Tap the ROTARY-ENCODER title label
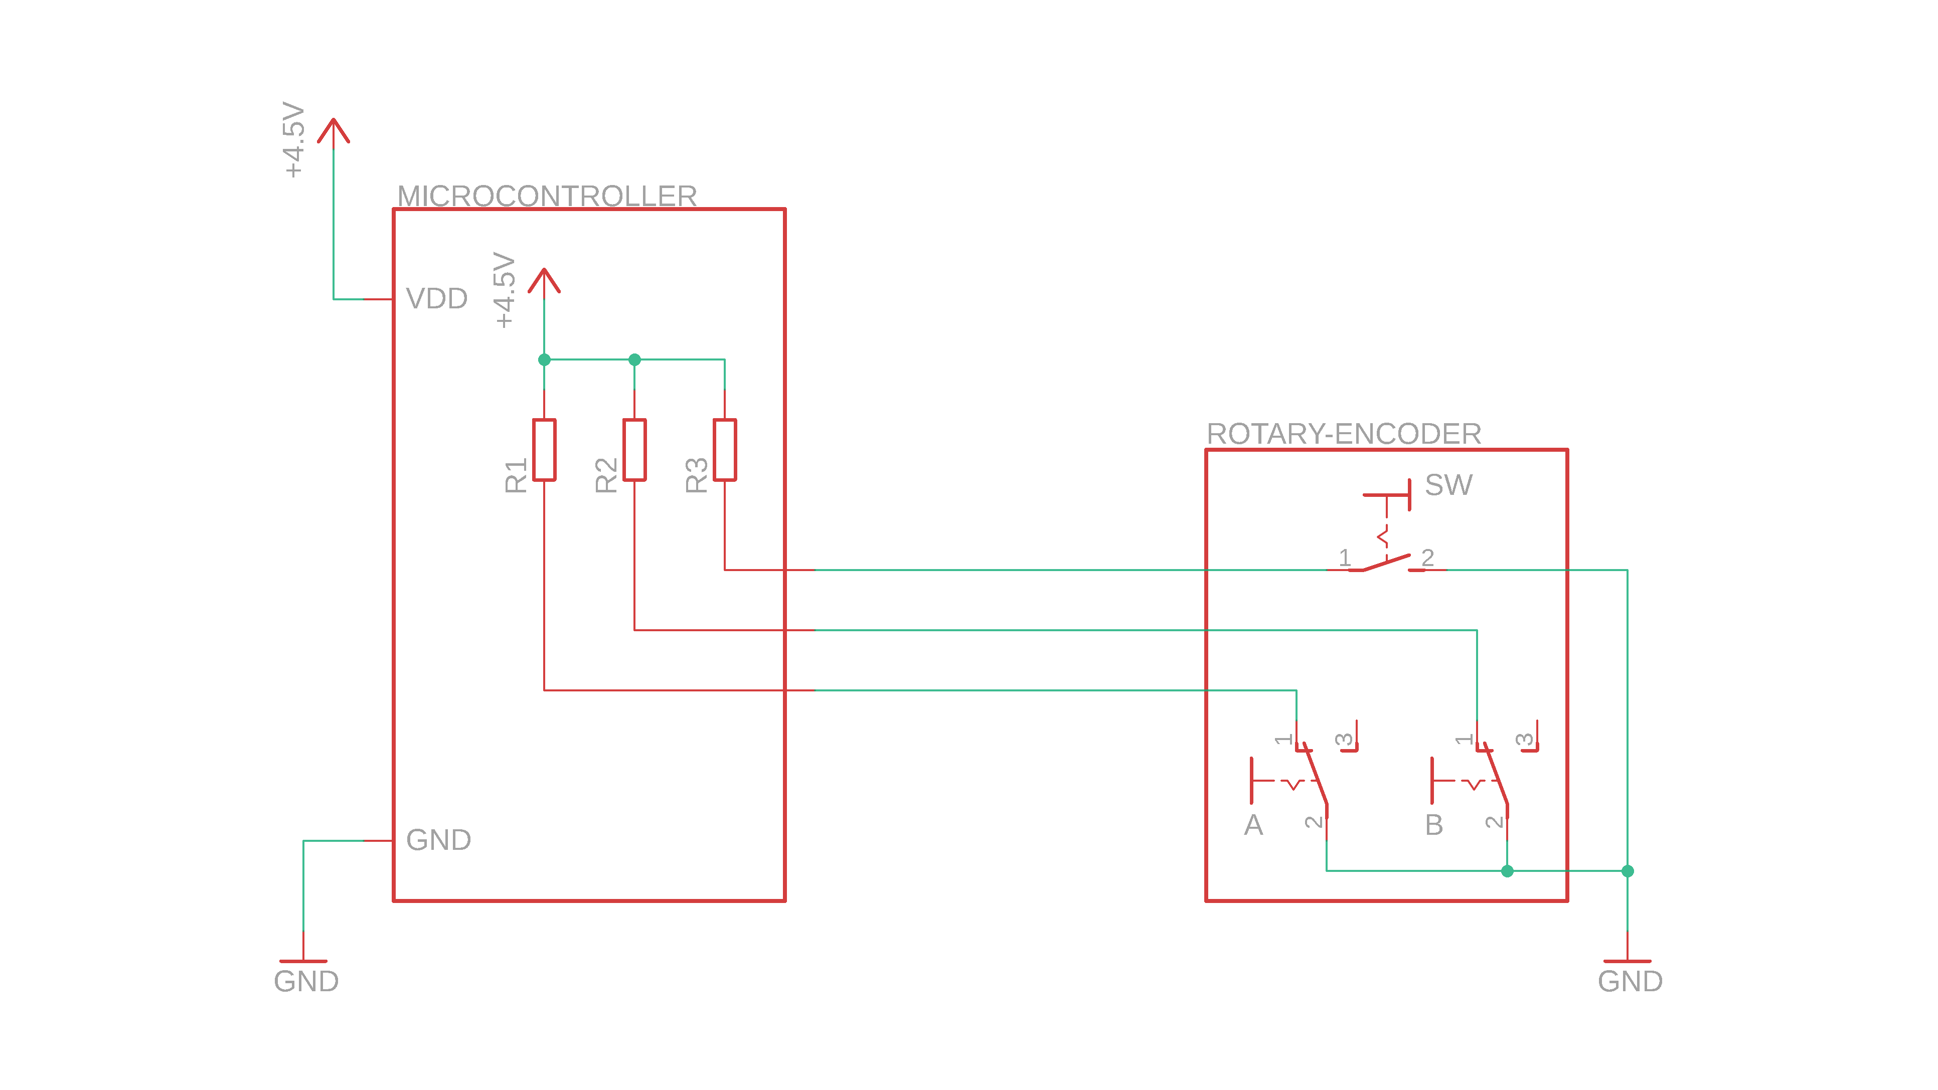[x=1344, y=434]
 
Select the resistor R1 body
[x=544, y=450]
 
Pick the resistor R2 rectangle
[x=634, y=450]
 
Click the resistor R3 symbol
[x=724, y=450]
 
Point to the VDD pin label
[x=436, y=299]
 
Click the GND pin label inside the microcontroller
[x=438, y=839]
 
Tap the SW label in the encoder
[x=1448, y=485]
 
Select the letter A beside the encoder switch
[x=1253, y=825]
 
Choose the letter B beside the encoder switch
[x=1434, y=825]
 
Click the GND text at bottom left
[x=306, y=981]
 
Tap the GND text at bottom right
[x=1630, y=981]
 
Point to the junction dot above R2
[x=634, y=359]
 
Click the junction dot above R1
[x=544, y=359]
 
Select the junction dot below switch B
[x=1507, y=871]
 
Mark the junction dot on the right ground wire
[x=1627, y=871]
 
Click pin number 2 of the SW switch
[x=1427, y=558]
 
